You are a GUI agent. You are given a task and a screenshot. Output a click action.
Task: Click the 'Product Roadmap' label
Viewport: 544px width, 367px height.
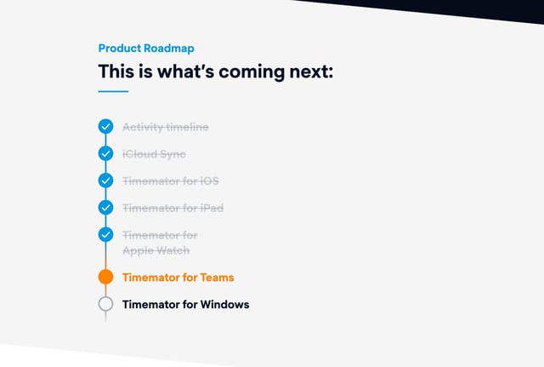pyautogui.click(x=146, y=49)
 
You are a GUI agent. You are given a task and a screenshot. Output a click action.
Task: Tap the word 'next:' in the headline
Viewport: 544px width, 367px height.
pyautogui.click(x=311, y=72)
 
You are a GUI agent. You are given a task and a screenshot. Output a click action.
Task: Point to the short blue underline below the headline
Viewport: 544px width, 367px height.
pyautogui.click(x=113, y=91)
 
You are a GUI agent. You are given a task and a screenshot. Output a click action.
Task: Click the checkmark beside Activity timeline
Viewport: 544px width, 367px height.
pyautogui.click(x=105, y=127)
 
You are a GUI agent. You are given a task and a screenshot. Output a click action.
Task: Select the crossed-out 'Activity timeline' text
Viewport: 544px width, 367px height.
pyautogui.click(x=165, y=127)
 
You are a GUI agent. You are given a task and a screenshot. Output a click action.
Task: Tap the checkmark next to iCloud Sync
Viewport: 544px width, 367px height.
pyautogui.click(x=105, y=154)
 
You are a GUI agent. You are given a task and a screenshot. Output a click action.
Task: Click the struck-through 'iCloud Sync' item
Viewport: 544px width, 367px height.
pyautogui.click(x=154, y=154)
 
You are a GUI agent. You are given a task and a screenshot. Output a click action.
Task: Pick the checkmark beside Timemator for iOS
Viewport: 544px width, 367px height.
pyautogui.click(x=105, y=181)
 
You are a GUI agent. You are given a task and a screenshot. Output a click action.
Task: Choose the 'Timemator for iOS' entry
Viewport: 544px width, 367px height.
pyautogui.click(x=171, y=181)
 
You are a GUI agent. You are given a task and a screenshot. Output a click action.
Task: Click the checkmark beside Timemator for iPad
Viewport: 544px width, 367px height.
pyautogui.click(x=105, y=208)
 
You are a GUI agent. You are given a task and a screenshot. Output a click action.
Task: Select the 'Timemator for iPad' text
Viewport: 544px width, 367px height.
pyautogui.click(x=173, y=208)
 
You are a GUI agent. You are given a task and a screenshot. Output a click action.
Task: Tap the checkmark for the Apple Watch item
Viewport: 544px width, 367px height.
pyautogui.click(x=105, y=235)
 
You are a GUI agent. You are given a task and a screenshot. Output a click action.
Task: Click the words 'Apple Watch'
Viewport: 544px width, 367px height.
pyautogui.click(x=156, y=250)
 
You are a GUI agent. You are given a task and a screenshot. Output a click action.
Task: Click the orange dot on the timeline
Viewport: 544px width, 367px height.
pyautogui.click(x=105, y=277)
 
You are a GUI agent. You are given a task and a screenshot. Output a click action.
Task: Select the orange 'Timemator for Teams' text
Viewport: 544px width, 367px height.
pyautogui.click(x=178, y=277)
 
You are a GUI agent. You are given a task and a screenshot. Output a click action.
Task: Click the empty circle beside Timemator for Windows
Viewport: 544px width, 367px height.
pyautogui.click(x=105, y=304)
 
